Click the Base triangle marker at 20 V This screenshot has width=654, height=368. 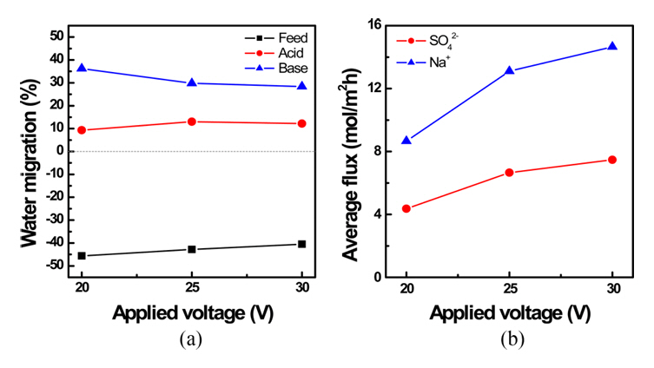82,68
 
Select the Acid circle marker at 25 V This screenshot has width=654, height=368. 192,122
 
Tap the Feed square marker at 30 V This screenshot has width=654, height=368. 302,244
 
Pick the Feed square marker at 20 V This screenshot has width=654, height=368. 82,256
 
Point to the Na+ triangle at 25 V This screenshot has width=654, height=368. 509,70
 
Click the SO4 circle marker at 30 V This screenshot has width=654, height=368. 611,160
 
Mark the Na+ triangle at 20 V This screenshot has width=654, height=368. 406,140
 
